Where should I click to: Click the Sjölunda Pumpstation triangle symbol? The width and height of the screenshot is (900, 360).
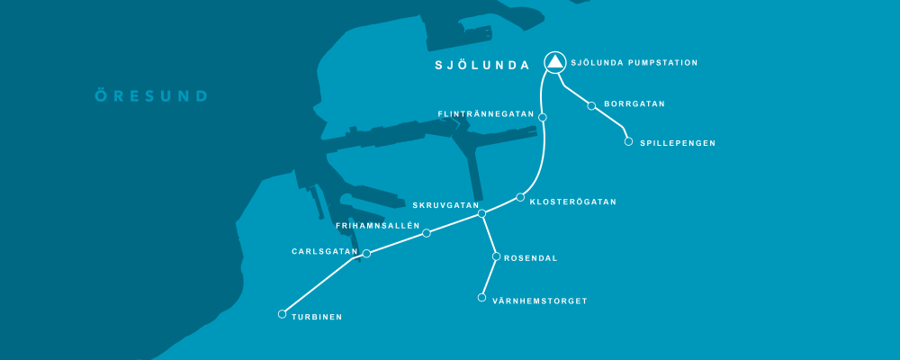(555, 62)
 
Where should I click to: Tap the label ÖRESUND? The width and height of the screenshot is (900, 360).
(152, 95)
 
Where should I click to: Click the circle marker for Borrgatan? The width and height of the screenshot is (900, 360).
(591, 106)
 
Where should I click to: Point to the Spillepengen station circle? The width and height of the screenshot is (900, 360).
(628, 141)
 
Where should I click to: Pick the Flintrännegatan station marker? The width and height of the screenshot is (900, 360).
(542, 117)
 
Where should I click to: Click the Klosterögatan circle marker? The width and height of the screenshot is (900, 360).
(520, 197)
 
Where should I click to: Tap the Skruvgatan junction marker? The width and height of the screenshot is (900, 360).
(481, 213)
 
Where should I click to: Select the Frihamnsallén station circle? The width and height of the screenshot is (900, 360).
(427, 233)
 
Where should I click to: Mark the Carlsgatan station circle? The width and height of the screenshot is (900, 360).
(366, 254)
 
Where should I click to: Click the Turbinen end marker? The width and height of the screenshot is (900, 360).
(283, 314)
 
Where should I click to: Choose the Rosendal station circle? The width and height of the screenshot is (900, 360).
(496, 256)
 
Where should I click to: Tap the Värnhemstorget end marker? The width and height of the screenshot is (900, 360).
(481, 298)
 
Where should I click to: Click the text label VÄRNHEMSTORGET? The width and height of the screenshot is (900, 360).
(540, 301)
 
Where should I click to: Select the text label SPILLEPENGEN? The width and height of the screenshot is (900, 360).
(678, 143)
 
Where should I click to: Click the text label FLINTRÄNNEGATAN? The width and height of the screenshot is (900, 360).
(486, 115)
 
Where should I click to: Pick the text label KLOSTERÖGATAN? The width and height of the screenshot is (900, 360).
(572, 202)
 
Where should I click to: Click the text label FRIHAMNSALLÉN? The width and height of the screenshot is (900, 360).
(378, 225)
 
